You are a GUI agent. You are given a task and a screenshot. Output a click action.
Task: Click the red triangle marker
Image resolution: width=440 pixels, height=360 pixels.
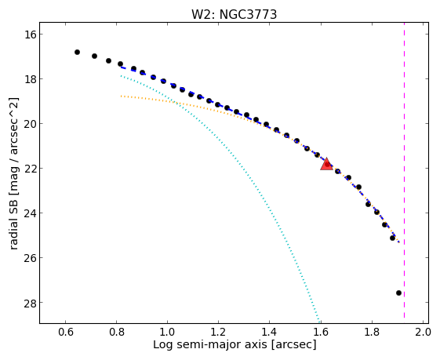coord(326,165)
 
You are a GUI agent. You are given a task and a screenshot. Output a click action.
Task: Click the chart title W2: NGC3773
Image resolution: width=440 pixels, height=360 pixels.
coord(234,14)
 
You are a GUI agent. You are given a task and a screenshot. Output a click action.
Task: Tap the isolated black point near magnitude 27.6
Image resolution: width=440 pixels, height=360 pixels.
coord(398,293)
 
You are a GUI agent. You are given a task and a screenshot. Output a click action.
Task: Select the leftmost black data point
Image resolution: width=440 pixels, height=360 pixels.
coord(77,53)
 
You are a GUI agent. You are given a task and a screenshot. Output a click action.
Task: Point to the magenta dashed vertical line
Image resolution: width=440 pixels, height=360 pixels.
coord(404,170)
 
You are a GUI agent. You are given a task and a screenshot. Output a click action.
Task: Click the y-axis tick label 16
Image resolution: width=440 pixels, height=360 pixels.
coord(29,35)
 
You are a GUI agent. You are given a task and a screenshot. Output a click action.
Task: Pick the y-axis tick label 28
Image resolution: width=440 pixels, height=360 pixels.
coord(29,303)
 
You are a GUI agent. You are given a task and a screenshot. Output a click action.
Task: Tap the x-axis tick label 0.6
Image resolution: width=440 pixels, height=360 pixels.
coord(66,333)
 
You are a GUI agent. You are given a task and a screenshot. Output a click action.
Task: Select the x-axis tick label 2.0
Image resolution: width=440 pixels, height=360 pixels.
coord(423,333)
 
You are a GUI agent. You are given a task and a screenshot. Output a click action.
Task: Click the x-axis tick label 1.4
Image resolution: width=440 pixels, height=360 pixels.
coord(269,333)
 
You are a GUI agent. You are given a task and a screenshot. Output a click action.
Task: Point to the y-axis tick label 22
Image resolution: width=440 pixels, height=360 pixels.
coord(29,169)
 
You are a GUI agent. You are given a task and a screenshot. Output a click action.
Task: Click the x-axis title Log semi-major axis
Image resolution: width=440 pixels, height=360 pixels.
coord(210,345)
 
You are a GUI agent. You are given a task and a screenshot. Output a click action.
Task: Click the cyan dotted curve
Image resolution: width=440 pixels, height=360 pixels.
coord(243,166)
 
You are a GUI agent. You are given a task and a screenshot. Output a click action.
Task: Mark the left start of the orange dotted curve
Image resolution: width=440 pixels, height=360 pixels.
coord(121,96)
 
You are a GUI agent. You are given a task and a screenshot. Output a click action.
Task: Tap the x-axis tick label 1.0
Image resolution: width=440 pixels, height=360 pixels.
coord(168,333)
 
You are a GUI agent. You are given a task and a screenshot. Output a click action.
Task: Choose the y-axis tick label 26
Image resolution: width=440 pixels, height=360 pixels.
coord(29,258)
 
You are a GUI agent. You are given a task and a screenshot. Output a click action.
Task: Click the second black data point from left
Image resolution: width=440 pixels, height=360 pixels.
coord(95,56)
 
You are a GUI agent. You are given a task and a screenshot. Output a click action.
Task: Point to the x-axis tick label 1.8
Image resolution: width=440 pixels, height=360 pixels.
coord(372,333)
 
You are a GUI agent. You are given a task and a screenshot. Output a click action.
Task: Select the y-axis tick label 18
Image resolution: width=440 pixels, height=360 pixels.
coord(29,79)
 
